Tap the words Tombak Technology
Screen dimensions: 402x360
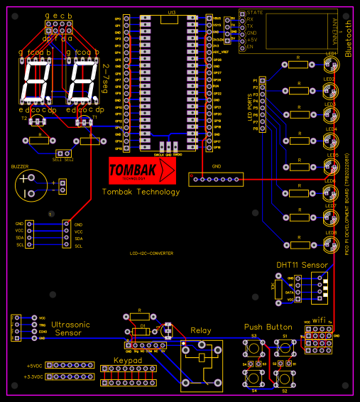[x=141, y=192]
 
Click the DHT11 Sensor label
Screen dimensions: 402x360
[x=302, y=265]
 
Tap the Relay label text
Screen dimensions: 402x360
[x=201, y=330]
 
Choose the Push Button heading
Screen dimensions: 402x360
[x=268, y=327]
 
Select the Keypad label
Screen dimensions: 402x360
[x=128, y=361]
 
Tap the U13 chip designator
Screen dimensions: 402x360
[x=172, y=13]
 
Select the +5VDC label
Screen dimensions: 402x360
[x=33, y=366]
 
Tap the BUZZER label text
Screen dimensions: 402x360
[x=19, y=166]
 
